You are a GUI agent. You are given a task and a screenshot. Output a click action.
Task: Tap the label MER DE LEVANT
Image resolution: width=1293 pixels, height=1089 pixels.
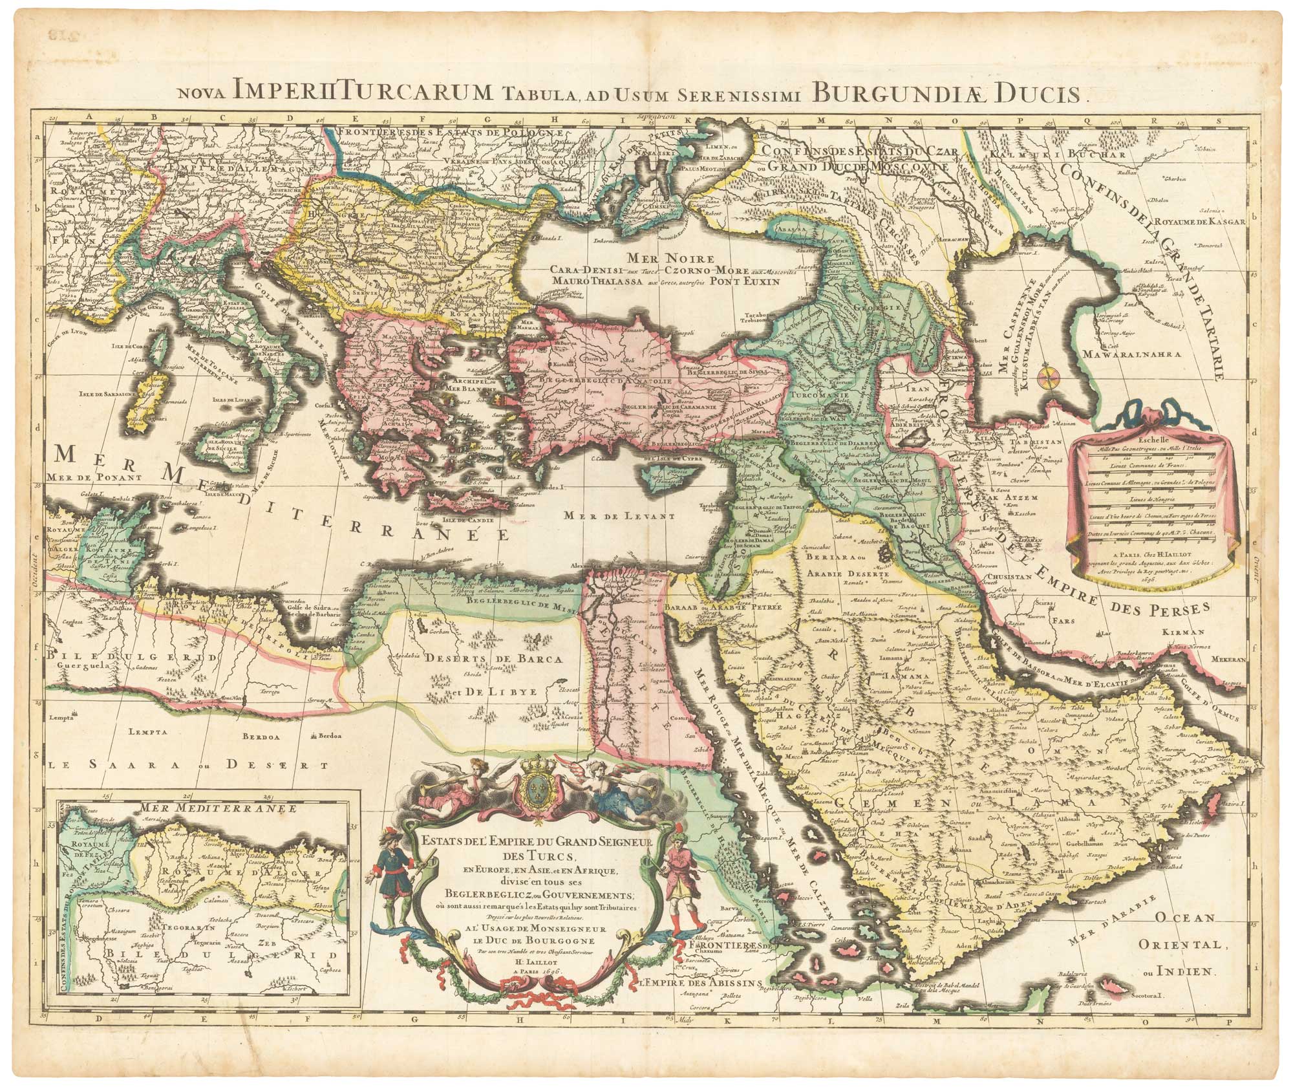617,515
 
